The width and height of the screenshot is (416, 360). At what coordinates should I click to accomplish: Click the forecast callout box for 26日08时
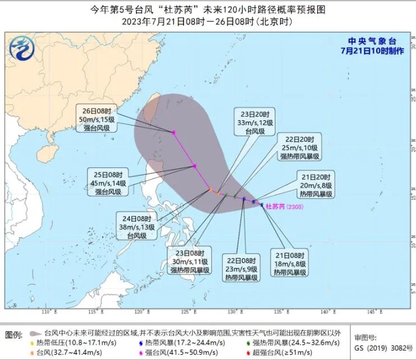click(98, 120)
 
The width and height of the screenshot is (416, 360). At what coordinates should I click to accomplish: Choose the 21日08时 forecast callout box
click(290, 263)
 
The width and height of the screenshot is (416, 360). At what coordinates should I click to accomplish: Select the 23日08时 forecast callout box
click(191, 261)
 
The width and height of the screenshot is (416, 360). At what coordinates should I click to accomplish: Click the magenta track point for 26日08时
click(174, 133)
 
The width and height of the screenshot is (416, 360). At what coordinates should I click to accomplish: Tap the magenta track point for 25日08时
click(194, 166)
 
